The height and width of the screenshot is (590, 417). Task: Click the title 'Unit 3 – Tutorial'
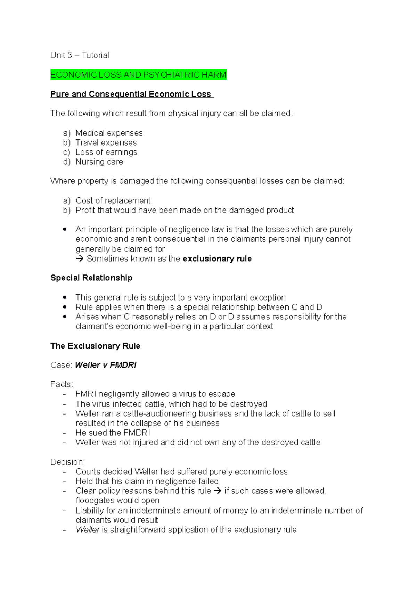pos(80,55)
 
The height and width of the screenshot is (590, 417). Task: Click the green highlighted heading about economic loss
pos(138,75)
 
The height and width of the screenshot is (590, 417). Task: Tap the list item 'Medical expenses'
pos(109,133)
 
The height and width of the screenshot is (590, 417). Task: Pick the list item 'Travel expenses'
pos(106,142)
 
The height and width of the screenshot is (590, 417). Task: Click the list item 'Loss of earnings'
pos(106,152)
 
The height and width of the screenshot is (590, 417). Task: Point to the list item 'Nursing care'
pos(99,162)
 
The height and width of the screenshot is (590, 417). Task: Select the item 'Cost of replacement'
pos(113,200)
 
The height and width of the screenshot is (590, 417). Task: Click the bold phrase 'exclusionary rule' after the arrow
pos(217,259)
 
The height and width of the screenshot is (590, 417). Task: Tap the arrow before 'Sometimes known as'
pos(80,259)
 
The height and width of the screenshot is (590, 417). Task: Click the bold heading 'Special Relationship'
pos(91,278)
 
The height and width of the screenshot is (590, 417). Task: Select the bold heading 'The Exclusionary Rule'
pos(95,346)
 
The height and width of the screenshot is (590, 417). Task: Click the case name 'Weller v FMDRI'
pos(106,365)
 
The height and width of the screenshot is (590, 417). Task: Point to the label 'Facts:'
pos(62,384)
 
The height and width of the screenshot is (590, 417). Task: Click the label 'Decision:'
pos(67,462)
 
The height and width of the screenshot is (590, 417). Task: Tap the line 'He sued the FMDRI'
pos(113,433)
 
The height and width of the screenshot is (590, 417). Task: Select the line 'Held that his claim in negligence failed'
pos(147,481)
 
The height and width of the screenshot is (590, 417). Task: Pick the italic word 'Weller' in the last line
pos(88,530)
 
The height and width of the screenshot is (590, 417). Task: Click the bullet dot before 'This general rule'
pos(65,297)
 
